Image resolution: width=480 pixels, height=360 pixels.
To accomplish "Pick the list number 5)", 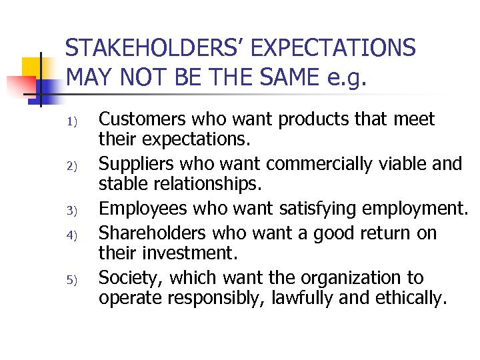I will (x=74, y=280).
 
